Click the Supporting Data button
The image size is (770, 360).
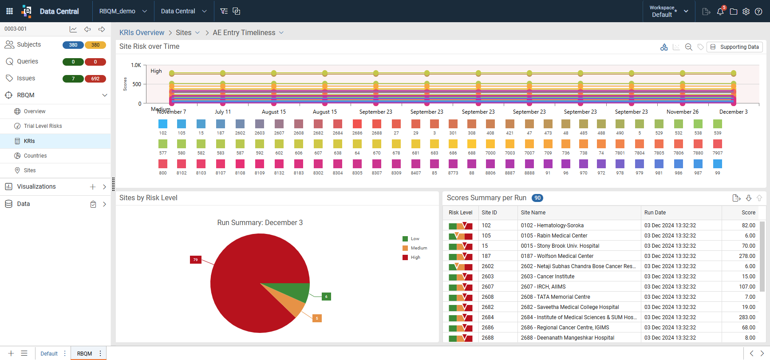[734, 47]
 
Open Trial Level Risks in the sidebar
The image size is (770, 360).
[43, 126]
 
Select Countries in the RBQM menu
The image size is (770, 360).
[35, 156]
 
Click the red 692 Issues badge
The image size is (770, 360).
[95, 79]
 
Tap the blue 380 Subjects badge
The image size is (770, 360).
[73, 45]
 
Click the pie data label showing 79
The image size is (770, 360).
[195, 260]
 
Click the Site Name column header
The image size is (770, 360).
[533, 213]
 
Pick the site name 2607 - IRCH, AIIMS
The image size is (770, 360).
[543, 287]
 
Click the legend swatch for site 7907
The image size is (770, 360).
[718, 144]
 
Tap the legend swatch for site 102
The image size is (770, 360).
[163, 124]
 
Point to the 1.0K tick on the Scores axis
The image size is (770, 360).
[136, 65]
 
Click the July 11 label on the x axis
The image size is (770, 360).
[223, 112]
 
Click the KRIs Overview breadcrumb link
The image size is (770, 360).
[142, 33]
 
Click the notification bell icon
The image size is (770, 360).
[720, 12]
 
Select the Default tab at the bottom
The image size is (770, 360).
[49, 354]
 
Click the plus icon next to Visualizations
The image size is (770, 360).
[93, 187]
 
